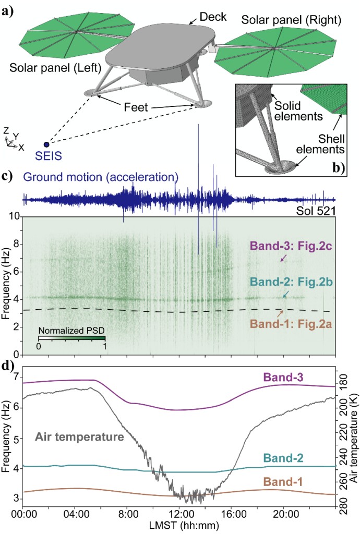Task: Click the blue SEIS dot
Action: coord(46,144)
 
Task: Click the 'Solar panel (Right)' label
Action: coord(291,20)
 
